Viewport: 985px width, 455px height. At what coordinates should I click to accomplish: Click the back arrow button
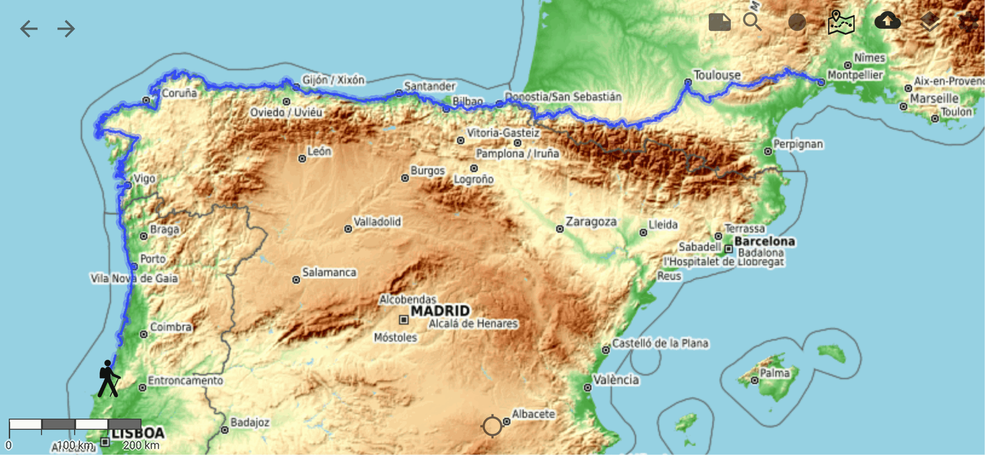click(x=29, y=29)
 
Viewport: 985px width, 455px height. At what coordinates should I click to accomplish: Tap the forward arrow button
click(x=66, y=29)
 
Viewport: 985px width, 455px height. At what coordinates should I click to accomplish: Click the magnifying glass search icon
click(x=752, y=22)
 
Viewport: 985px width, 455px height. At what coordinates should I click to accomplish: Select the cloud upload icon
click(x=887, y=21)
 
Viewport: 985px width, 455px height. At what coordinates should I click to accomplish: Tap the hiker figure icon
click(x=108, y=379)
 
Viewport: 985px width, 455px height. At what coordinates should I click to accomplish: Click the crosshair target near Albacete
click(x=492, y=426)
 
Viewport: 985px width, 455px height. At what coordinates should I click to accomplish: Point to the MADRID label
click(x=440, y=311)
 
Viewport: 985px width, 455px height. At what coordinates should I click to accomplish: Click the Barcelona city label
click(x=764, y=241)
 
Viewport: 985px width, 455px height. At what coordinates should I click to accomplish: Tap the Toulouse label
click(x=716, y=75)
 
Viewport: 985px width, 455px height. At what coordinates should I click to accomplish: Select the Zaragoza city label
click(x=591, y=222)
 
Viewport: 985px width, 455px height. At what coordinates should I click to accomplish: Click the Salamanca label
click(x=329, y=272)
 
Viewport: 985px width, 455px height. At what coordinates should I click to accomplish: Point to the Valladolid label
click(x=377, y=222)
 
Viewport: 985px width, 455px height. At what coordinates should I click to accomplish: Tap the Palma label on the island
click(x=774, y=373)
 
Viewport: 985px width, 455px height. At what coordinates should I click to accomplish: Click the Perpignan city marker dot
click(x=768, y=151)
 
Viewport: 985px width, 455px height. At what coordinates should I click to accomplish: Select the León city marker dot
click(x=302, y=159)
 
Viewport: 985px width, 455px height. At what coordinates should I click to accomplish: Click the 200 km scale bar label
click(x=141, y=445)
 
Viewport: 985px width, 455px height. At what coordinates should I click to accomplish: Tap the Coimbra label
click(x=170, y=327)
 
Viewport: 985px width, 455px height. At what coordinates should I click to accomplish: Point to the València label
click(x=616, y=380)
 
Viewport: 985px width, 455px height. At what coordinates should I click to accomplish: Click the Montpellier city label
click(x=855, y=75)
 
